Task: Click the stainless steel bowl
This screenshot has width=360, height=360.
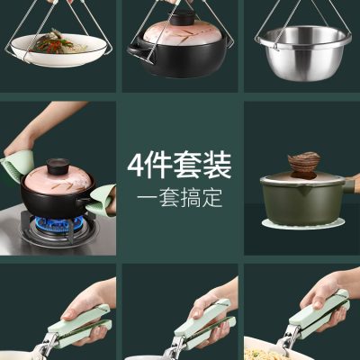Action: click(x=303, y=52)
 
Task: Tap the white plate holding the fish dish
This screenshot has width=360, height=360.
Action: click(x=58, y=51)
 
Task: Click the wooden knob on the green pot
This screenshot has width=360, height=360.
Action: click(x=303, y=165)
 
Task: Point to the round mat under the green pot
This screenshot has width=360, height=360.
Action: click(x=303, y=223)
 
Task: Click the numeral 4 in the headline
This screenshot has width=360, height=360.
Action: click(x=135, y=166)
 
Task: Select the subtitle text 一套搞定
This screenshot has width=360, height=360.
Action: click(x=180, y=198)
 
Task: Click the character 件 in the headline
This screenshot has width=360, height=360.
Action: click(x=158, y=166)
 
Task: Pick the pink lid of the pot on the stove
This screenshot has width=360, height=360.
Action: click(x=58, y=181)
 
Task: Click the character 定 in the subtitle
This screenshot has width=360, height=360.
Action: click(x=212, y=198)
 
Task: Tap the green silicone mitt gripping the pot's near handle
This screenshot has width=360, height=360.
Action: click(x=101, y=200)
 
